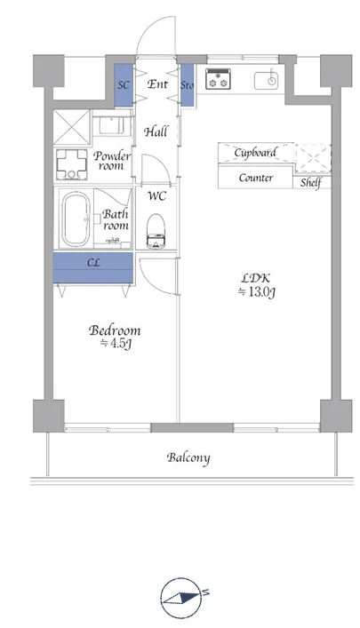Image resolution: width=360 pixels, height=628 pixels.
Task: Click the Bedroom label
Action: coord(115,330)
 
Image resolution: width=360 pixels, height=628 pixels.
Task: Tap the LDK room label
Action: coord(256,277)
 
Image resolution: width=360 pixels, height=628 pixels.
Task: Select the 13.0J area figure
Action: coord(257,292)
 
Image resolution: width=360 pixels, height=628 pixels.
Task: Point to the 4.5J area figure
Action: coord(116,344)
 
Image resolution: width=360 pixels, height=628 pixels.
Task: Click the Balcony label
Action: coord(188,457)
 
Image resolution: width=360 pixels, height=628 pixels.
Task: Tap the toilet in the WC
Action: coord(156,232)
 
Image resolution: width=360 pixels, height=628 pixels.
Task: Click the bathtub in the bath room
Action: coord(76,219)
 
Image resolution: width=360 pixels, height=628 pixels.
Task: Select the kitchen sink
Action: coord(266,81)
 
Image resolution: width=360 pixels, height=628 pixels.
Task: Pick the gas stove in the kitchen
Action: coord(218,79)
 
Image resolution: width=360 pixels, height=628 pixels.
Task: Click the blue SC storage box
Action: coord(124,85)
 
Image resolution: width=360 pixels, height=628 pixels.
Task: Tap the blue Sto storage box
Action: coord(187,85)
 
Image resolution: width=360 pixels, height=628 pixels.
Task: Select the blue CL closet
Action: coord(93,267)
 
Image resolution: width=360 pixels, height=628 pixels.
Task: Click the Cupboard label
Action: coord(255,153)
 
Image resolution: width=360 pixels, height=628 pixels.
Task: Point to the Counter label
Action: coord(256,178)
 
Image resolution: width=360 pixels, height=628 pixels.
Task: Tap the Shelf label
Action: coord(311,183)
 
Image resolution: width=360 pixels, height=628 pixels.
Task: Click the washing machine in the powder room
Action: coord(72,164)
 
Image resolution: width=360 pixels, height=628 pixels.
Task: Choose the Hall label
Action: coord(156,131)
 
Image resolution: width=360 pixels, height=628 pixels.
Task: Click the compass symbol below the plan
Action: coord(181,597)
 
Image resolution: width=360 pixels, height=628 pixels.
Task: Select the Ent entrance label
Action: coord(157,84)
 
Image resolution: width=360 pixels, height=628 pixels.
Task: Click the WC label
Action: coord(156,196)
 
